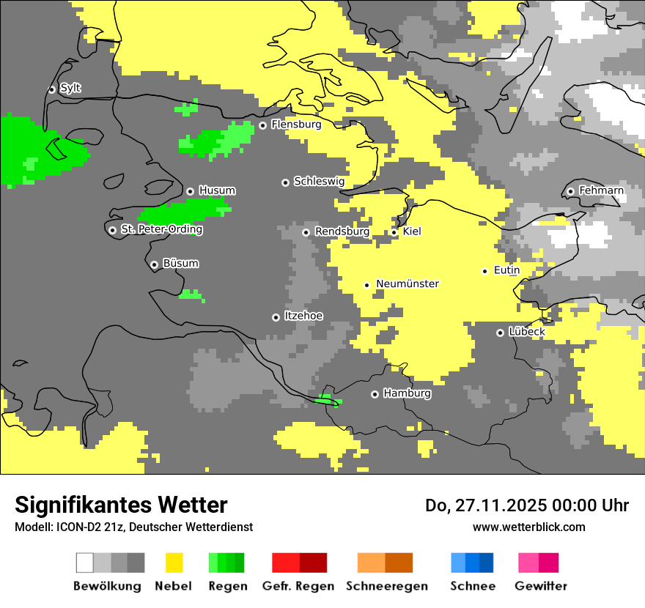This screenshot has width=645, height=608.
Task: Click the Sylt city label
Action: point(70,89)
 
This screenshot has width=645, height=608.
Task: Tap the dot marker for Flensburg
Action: point(262,125)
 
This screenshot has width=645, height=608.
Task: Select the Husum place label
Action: point(217,190)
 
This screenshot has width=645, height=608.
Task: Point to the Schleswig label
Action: point(319,181)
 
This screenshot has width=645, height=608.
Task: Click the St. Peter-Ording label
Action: point(161,229)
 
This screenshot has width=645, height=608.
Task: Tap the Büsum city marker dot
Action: point(154,264)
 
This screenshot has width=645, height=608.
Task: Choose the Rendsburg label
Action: point(342,231)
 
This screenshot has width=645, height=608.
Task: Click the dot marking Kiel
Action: point(394,232)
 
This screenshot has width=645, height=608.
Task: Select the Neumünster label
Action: point(408,283)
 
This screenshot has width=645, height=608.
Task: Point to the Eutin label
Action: point(506,270)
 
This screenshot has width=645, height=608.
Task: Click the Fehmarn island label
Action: point(601,190)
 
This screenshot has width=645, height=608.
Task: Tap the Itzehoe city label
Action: point(303,316)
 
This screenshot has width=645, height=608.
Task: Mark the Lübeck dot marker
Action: point(500,333)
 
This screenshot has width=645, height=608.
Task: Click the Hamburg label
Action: point(407,393)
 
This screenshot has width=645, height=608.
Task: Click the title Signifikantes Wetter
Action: point(121,505)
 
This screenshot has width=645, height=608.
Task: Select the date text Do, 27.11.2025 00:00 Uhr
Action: point(526,505)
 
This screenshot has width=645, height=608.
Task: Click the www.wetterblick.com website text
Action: point(528,527)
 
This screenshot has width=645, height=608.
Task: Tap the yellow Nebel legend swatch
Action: point(174,563)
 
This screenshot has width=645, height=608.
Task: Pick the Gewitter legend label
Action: point(540,586)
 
